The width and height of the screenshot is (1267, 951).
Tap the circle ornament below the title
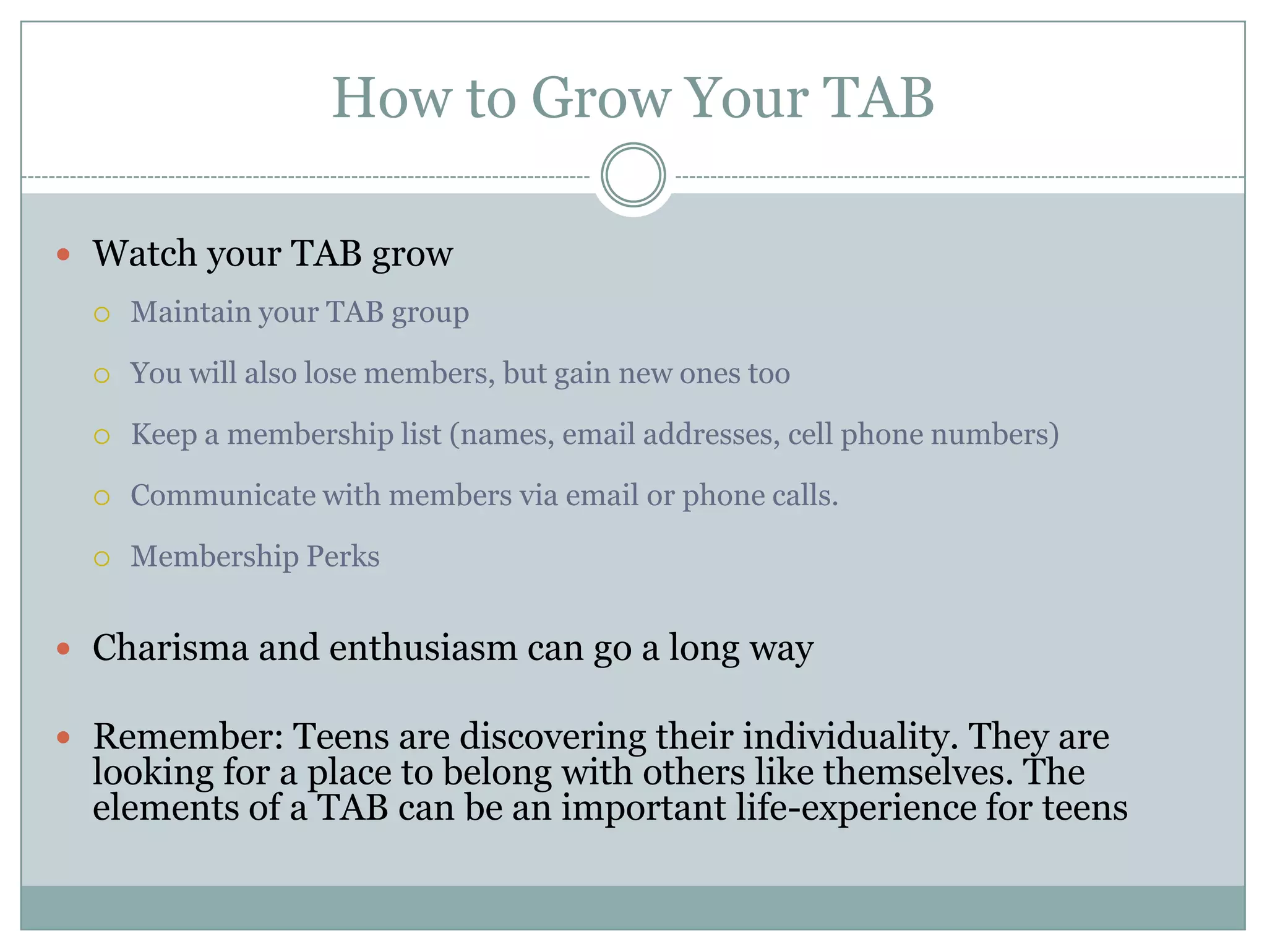click(633, 175)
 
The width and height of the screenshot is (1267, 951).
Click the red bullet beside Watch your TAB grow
click(63, 254)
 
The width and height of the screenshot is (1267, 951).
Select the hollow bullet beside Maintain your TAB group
click(102, 315)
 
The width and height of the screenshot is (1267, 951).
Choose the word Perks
click(343, 557)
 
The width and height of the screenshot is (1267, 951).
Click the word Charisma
click(171, 648)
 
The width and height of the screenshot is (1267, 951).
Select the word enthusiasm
click(423, 648)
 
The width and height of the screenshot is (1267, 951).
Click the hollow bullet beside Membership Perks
click(102, 559)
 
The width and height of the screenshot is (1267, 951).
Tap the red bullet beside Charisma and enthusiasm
click(63, 649)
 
